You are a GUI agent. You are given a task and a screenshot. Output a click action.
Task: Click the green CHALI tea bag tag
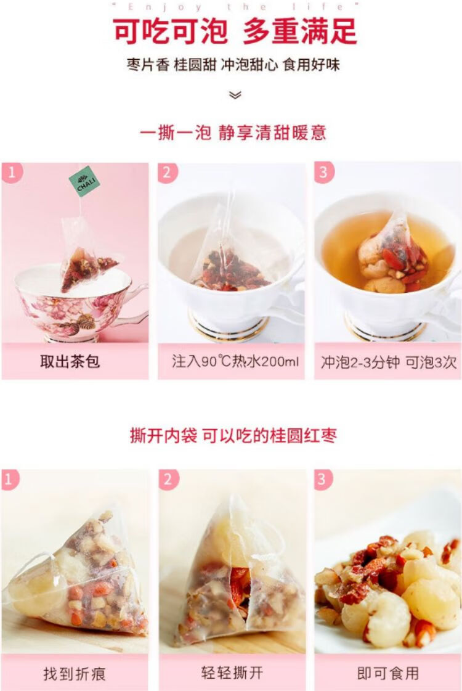click(x=84, y=181)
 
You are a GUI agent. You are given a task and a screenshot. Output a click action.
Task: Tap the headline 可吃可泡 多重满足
click(x=235, y=31)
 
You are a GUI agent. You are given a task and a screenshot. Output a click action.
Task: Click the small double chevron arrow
click(x=236, y=95)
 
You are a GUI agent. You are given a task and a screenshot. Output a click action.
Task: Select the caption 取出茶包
click(x=70, y=362)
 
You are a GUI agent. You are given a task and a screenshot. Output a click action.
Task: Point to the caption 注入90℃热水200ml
click(x=235, y=362)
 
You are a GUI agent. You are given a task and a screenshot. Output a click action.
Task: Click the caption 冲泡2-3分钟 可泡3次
click(x=389, y=362)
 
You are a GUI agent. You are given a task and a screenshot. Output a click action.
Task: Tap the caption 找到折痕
click(x=75, y=674)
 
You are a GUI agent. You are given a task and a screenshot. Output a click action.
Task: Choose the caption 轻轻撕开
click(x=232, y=673)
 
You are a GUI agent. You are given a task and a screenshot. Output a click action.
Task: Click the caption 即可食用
click(x=388, y=673)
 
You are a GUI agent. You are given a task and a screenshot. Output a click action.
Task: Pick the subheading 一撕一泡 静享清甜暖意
click(x=233, y=132)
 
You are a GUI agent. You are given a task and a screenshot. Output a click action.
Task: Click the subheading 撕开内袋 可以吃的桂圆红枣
click(x=233, y=435)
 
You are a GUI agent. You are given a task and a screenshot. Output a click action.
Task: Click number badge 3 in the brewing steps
click(x=323, y=172)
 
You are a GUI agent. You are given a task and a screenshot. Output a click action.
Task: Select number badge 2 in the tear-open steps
click(x=168, y=479)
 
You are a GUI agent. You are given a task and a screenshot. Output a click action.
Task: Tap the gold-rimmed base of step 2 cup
click(x=229, y=325)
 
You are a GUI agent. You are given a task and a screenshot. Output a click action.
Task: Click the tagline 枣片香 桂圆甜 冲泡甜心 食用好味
click(x=233, y=65)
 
